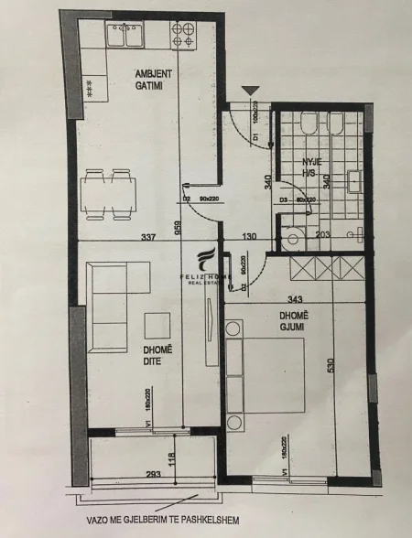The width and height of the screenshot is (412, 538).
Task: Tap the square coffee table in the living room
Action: tap(157, 325)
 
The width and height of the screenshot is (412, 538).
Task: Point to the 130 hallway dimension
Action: tap(247, 237)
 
